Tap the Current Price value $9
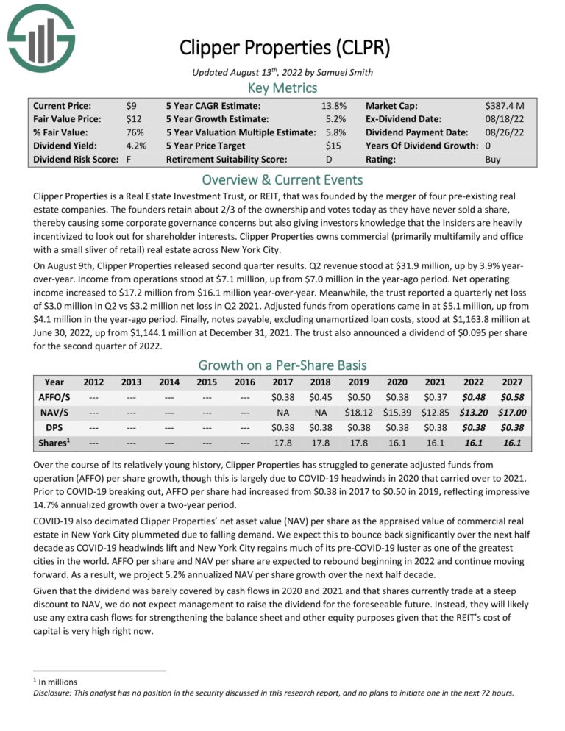click(x=131, y=106)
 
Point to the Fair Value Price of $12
click(x=133, y=119)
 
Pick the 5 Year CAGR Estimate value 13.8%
click(x=334, y=106)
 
